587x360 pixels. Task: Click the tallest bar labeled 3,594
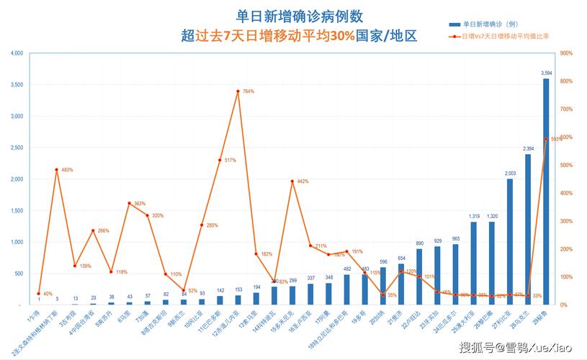tap(546, 191)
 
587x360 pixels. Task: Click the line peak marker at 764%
tap(238, 91)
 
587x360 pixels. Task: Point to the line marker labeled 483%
tap(57, 170)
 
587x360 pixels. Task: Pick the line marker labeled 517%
tap(220, 160)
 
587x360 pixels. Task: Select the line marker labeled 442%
tap(292, 181)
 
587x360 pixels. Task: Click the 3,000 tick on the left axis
tap(17, 116)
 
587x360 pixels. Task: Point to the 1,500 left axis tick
tap(17, 210)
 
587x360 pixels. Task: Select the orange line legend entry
tap(504, 35)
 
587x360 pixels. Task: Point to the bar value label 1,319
tap(474, 216)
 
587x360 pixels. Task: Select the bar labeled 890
tap(419, 276)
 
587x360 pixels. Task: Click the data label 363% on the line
tap(140, 204)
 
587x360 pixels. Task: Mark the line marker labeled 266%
tap(93, 230)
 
